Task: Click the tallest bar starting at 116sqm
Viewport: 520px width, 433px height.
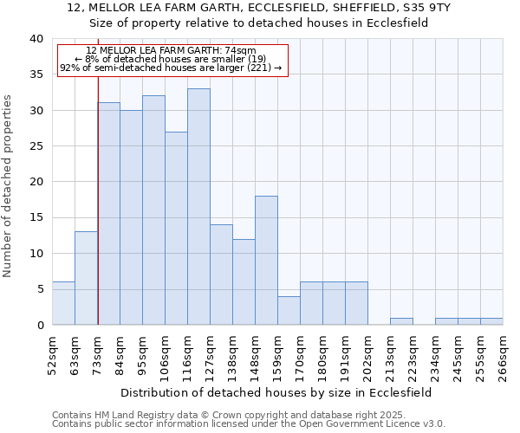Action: [x=198, y=207]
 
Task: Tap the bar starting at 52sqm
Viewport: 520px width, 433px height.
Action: [x=63, y=303]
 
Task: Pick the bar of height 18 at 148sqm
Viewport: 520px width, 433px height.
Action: [x=266, y=261]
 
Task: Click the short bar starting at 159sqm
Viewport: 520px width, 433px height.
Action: [x=289, y=311]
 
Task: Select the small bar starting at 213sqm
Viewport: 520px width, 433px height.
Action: [x=401, y=321]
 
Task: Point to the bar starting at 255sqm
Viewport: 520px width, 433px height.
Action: [x=491, y=321]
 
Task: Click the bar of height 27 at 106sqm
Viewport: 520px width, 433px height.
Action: [x=176, y=229]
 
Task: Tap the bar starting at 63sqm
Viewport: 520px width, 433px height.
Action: [x=86, y=278]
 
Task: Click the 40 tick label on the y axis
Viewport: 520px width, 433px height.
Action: [x=36, y=39]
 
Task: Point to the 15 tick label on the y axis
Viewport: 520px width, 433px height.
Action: [x=36, y=218]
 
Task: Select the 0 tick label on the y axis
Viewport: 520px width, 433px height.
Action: [x=39, y=326]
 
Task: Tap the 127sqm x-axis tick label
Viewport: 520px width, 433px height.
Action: [x=210, y=356]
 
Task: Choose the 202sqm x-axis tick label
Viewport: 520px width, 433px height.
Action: [x=367, y=356]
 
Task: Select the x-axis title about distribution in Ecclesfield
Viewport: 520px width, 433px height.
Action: [x=276, y=392]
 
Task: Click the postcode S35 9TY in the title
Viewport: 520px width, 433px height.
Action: [x=426, y=7]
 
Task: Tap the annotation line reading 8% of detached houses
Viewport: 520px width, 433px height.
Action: [x=171, y=59]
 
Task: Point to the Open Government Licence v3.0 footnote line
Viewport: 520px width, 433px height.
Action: [x=249, y=424]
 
